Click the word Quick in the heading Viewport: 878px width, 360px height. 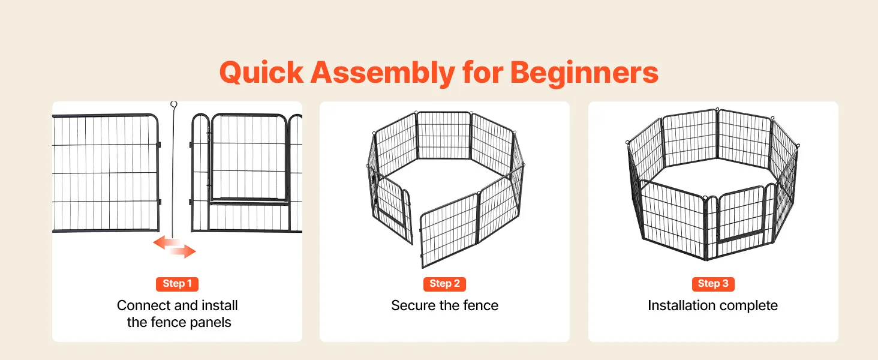pos(261,73)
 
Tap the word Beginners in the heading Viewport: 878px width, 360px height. pos(584,73)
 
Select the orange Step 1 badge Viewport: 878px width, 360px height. pos(177,284)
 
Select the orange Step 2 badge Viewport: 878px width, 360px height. pos(444,284)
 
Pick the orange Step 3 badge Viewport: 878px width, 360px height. pos(713,284)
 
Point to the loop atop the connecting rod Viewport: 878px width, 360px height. pos(174,104)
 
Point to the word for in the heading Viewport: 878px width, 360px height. pos(483,73)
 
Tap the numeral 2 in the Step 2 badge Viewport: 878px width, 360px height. pos(456,284)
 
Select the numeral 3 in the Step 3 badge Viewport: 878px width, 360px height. pos(725,284)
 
